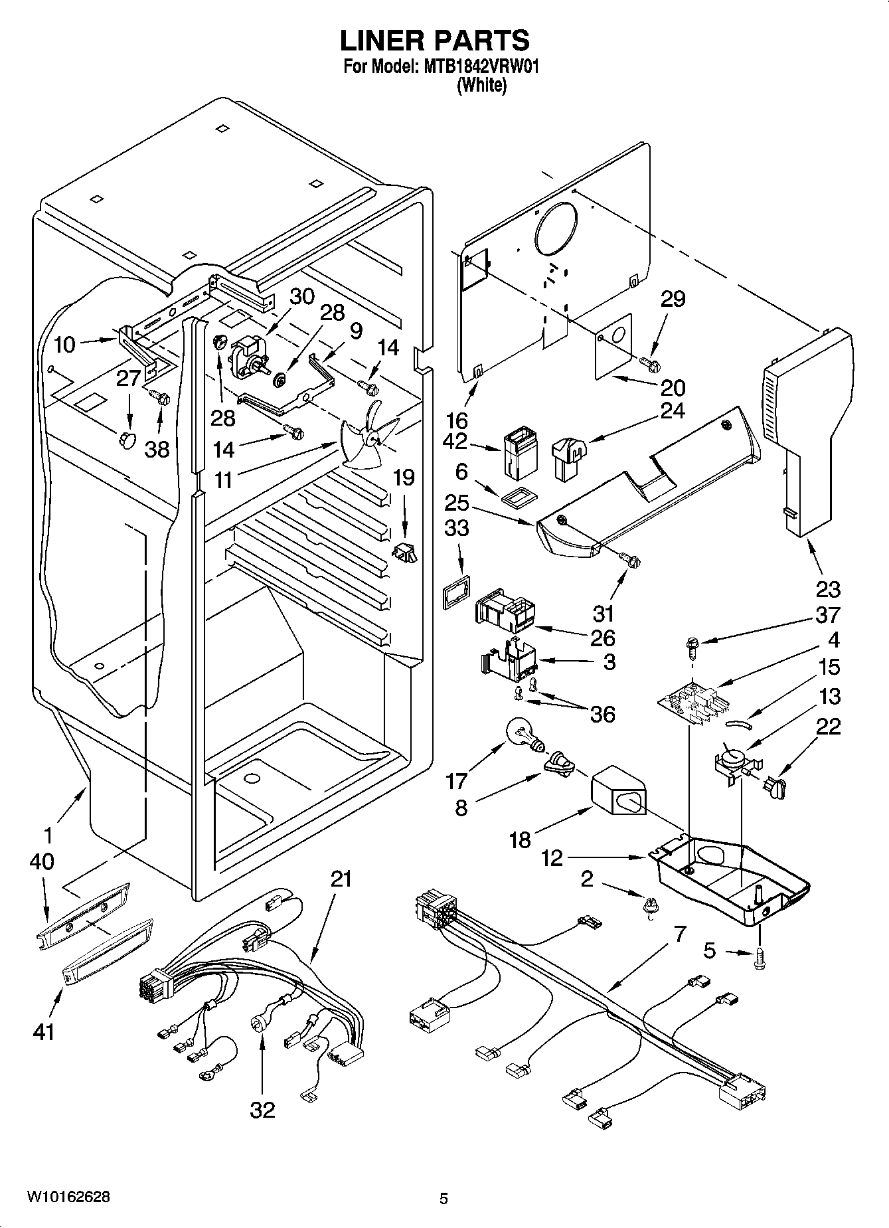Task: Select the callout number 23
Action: coord(827,588)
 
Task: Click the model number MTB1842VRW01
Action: coord(476,67)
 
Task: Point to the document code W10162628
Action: coord(68,1197)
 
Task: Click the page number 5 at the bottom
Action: coord(444,1199)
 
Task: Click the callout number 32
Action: coord(262,1109)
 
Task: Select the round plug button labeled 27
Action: coord(126,439)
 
